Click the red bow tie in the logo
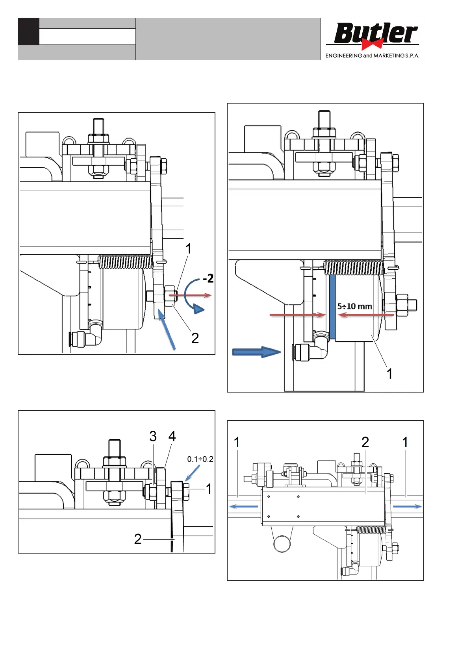click(372, 43)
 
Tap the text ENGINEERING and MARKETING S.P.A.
click(372, 56)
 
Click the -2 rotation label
click(208, 279)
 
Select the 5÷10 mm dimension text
click(354, 306)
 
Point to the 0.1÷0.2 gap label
click(200, 459)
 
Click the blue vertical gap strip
click(332, 307)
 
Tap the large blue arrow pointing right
click(256, 352)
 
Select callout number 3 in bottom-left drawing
click(153, 436)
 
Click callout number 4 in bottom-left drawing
click(172, 436)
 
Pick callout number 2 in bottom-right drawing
click(365, 442)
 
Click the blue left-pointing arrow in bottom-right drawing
click(244, 506)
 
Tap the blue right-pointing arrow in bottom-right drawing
click(407, 506)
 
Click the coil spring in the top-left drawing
click(125, 262)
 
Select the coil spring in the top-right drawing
click(352, 268)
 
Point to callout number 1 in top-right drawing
click(389, 374)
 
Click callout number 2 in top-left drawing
click(195, 338)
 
